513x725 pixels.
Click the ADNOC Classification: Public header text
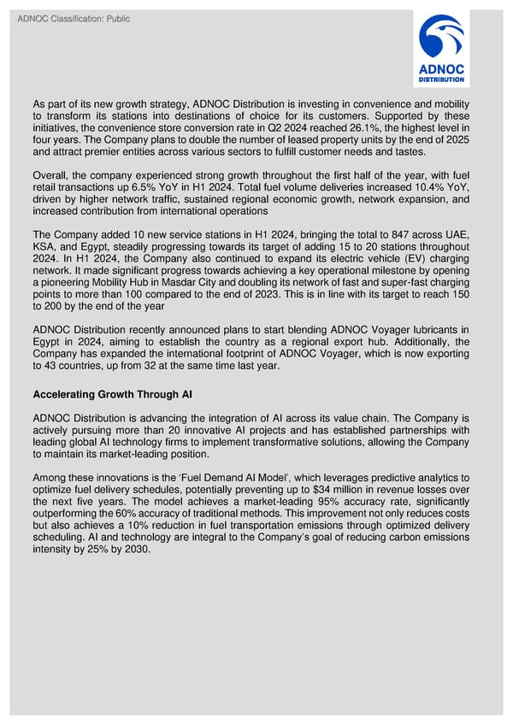click(73, 19)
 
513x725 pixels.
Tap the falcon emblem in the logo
click(441, 39)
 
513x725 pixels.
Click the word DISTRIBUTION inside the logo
click(441, 80)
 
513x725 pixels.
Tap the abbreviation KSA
click(46, 248)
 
